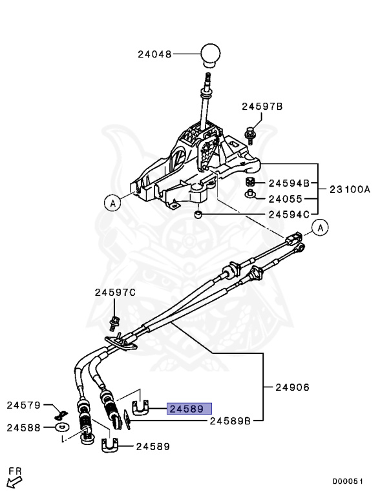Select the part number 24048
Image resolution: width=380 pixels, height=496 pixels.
[x=154, y=55]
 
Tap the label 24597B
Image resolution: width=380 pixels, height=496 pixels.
[x=262, y=107]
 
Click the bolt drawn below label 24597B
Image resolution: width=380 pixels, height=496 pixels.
[x=249, y=134]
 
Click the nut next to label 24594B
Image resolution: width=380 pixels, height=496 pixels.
[x=250, y=181]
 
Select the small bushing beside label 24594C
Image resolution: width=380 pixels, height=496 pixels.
[x=200, y=213]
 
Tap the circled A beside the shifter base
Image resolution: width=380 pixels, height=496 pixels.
[x=112, y=203]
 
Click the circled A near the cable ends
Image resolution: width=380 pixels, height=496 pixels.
[x=319, y=227]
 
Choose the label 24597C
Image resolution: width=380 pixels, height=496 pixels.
[x=115, y=293]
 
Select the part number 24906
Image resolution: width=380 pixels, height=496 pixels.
[x=292, y=387]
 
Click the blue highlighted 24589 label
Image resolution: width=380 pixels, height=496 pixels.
[x=185, y=409]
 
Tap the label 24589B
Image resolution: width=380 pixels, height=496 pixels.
[x=230, y=420]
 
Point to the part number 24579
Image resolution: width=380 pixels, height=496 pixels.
[x=24, y=406]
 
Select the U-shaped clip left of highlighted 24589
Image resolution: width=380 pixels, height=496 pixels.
[x=141, y=407]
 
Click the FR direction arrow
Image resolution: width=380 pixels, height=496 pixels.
[x=13, y=481]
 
